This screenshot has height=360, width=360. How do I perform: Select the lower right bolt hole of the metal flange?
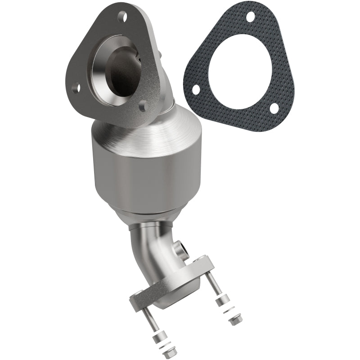[x=143, y=106]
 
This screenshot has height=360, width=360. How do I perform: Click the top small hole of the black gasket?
[x=250, y=17]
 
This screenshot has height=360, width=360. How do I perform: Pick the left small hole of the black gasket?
[x=196, y=89]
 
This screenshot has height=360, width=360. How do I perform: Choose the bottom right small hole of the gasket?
[x=273, y=108]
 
